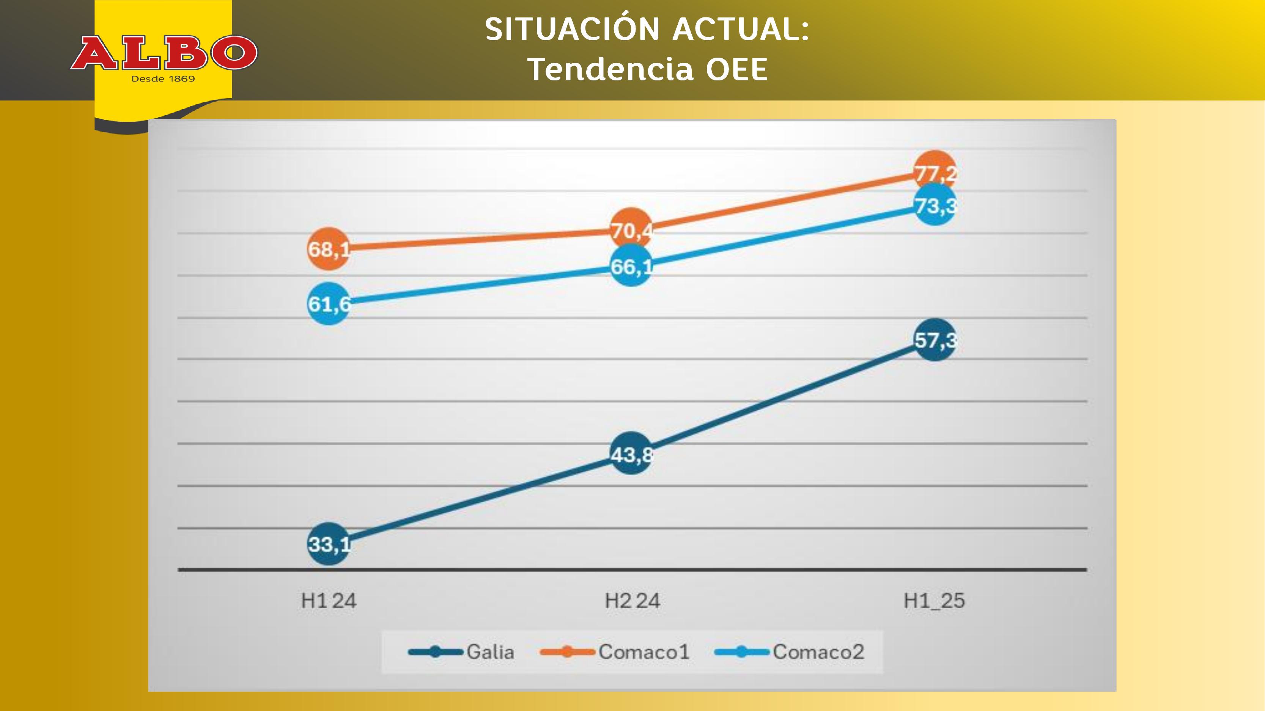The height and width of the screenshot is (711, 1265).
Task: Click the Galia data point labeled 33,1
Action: [x=329, y=544]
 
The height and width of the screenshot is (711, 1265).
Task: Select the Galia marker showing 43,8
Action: [x=631, y=454]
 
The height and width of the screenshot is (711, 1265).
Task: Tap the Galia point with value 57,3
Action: [x=935, y=339]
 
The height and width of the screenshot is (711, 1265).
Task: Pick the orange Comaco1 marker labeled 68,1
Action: [x=329, y=249]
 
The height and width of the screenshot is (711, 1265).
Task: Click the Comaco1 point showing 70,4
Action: [x=631, y=229]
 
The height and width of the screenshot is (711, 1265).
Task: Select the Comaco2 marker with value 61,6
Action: [x=329, y=303]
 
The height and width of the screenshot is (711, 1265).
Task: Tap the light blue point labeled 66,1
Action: [x=631, y=265]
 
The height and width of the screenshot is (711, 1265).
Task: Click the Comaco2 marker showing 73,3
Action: [x=935, y=205]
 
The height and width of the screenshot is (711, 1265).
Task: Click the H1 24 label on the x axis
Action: [x=329, y=601]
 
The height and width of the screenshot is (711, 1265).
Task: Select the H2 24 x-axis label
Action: [x=632, y=601]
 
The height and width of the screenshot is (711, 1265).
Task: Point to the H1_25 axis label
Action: [x=934, y=601]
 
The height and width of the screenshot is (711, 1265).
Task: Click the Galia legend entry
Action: [x=489, y=651]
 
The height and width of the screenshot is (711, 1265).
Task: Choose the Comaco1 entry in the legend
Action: [x=643, y=651]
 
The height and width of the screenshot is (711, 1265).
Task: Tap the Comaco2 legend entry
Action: [x=818, y=651]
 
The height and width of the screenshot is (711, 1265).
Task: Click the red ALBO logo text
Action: [x=164, y=52]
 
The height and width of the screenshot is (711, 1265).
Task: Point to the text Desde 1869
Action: [x=163, y=78]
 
